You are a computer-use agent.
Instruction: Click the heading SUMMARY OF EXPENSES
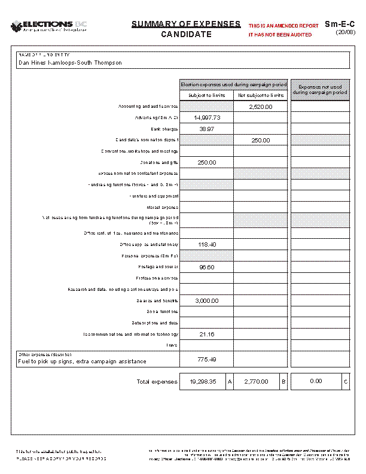186,25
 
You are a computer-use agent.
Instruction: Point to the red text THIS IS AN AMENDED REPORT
283,26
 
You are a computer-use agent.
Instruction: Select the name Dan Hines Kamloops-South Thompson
70,63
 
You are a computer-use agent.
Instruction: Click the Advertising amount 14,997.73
207,118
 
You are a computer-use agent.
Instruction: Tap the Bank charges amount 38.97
207,129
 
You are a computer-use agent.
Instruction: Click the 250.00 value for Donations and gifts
207,162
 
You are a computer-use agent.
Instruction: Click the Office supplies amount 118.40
207,245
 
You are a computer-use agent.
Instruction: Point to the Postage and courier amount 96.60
207,267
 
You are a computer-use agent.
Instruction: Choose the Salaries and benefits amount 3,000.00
207,300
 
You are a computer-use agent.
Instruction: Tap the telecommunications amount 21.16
207,333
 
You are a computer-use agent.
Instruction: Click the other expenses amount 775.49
207,359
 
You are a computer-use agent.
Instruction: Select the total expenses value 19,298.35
203,381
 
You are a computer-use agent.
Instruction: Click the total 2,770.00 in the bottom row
256,381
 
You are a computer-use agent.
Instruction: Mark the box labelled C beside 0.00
345,381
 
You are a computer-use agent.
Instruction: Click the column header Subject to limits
206,96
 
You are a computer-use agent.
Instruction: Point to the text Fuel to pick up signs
48,361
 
